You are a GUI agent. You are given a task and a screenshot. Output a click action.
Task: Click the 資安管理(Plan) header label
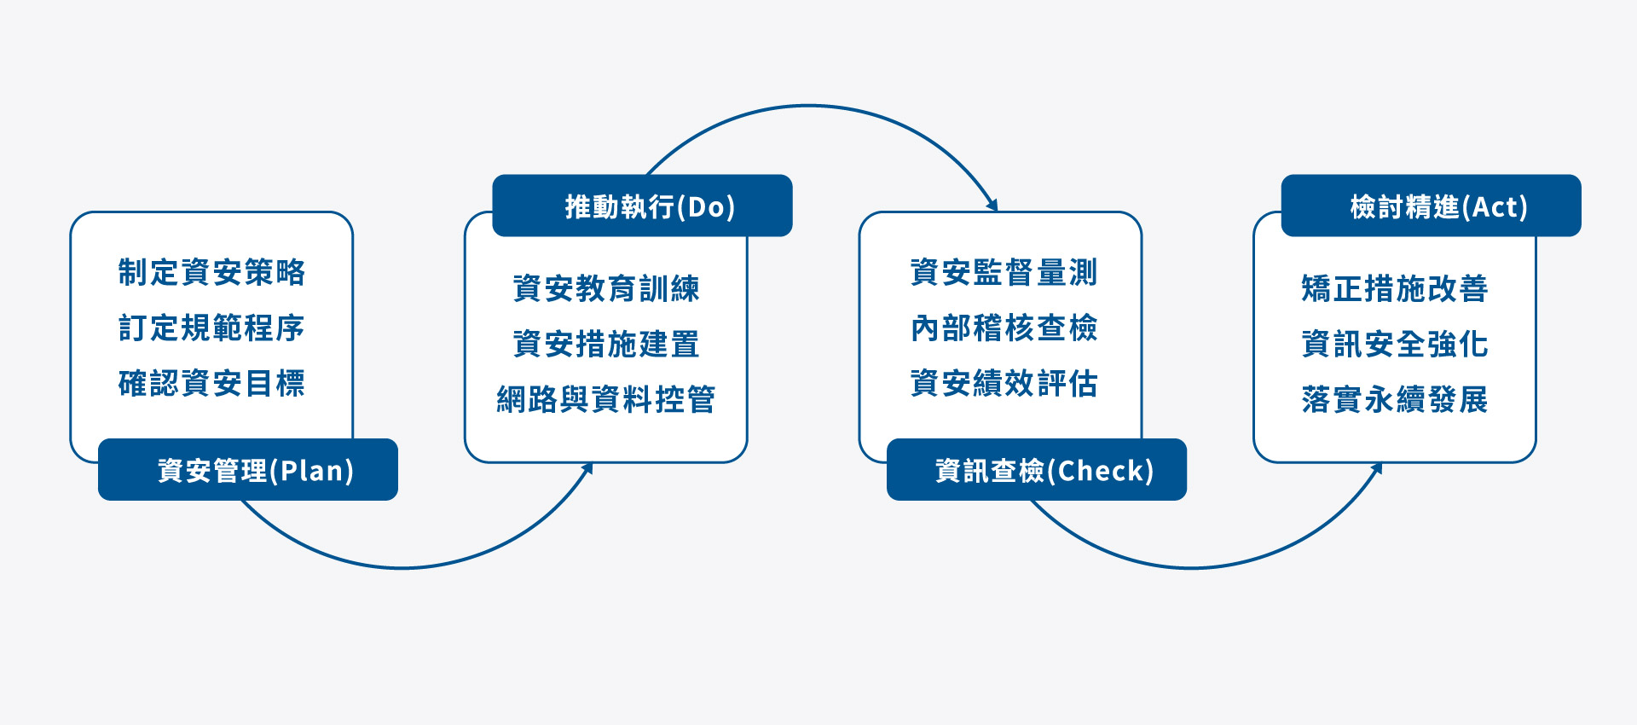[256, 471]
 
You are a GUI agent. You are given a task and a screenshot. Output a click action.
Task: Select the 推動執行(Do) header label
[651, 206]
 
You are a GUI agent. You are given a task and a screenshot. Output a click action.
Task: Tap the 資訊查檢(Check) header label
[1044, 471]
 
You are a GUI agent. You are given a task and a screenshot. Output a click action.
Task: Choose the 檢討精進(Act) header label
[1439, 206]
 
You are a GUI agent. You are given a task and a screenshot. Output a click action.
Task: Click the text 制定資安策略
[211, 272]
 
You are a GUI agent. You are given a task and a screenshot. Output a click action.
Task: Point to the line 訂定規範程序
[211, 328]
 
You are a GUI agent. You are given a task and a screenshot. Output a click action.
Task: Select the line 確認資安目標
[211, 383]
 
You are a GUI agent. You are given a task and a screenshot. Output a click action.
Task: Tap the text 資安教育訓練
[606, 288]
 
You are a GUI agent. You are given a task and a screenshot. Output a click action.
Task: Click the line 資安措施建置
[606, 344]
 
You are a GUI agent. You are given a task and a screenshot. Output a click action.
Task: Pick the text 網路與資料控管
[606, 399]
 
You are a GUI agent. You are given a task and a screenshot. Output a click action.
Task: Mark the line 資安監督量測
[1004, 272]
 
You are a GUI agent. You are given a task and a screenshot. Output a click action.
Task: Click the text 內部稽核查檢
[1004, 328]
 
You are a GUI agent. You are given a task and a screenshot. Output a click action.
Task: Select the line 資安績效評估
[1004, 383]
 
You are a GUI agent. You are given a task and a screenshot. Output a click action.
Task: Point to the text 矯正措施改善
[1395, 288]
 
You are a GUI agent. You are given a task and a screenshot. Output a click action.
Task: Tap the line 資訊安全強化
[1395, 344]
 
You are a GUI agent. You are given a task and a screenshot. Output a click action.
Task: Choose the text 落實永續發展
[1395, 399]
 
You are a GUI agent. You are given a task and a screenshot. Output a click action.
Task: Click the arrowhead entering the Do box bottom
[587, 468]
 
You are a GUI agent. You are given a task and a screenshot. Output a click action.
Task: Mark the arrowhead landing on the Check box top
[992, 205]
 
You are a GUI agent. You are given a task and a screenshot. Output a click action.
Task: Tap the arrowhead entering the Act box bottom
[1377, 468]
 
